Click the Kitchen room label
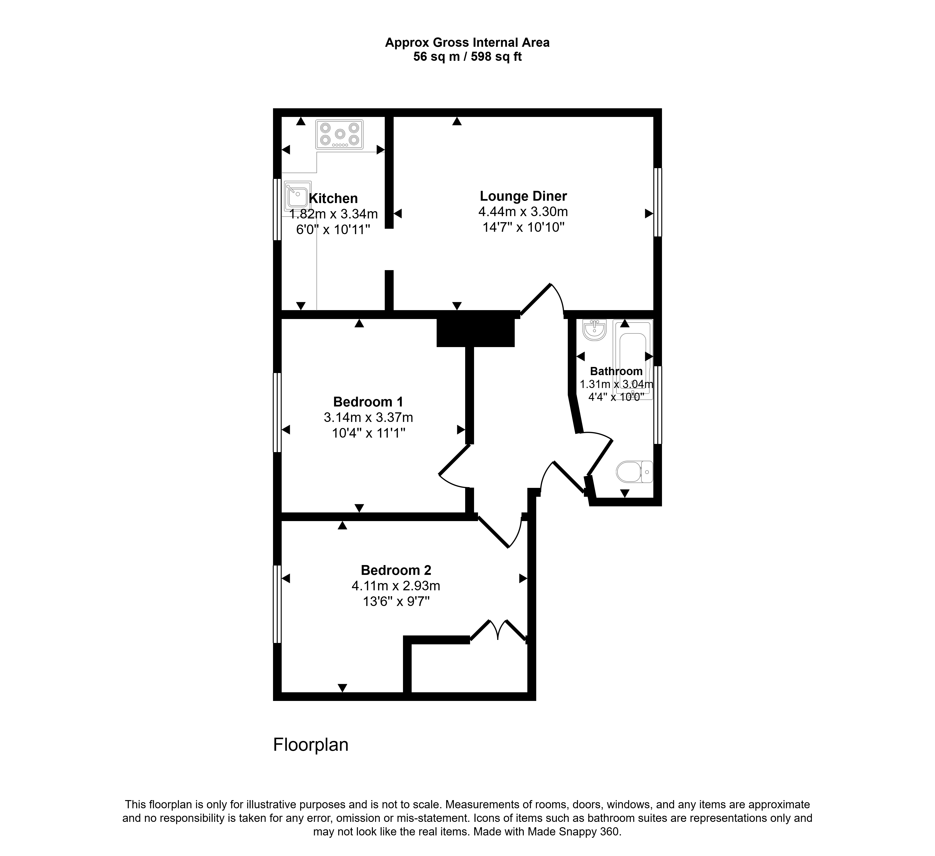tap(333, 199)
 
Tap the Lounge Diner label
tap(523, 196)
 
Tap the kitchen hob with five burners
tap(339, 134)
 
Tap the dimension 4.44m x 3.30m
tap(523, 212)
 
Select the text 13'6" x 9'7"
tap(396, 602)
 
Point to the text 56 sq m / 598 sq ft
tap(467, 57)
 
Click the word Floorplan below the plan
tap(311, 745)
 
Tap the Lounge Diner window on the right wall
tap(658, 202)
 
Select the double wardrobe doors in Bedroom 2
tap(499, 631)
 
